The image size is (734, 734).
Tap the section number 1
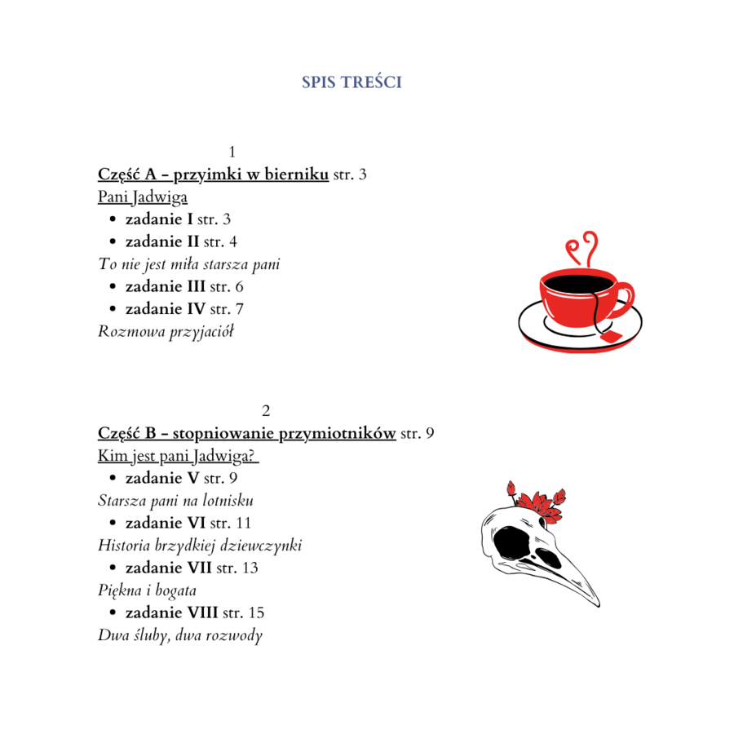232,152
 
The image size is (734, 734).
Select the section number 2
265,409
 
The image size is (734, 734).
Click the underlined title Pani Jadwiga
143,197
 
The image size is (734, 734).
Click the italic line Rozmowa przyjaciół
166,332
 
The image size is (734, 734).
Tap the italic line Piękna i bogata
147,590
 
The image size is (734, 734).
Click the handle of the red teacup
625,295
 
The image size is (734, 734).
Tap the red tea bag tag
610,334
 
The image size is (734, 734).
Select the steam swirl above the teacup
584,246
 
